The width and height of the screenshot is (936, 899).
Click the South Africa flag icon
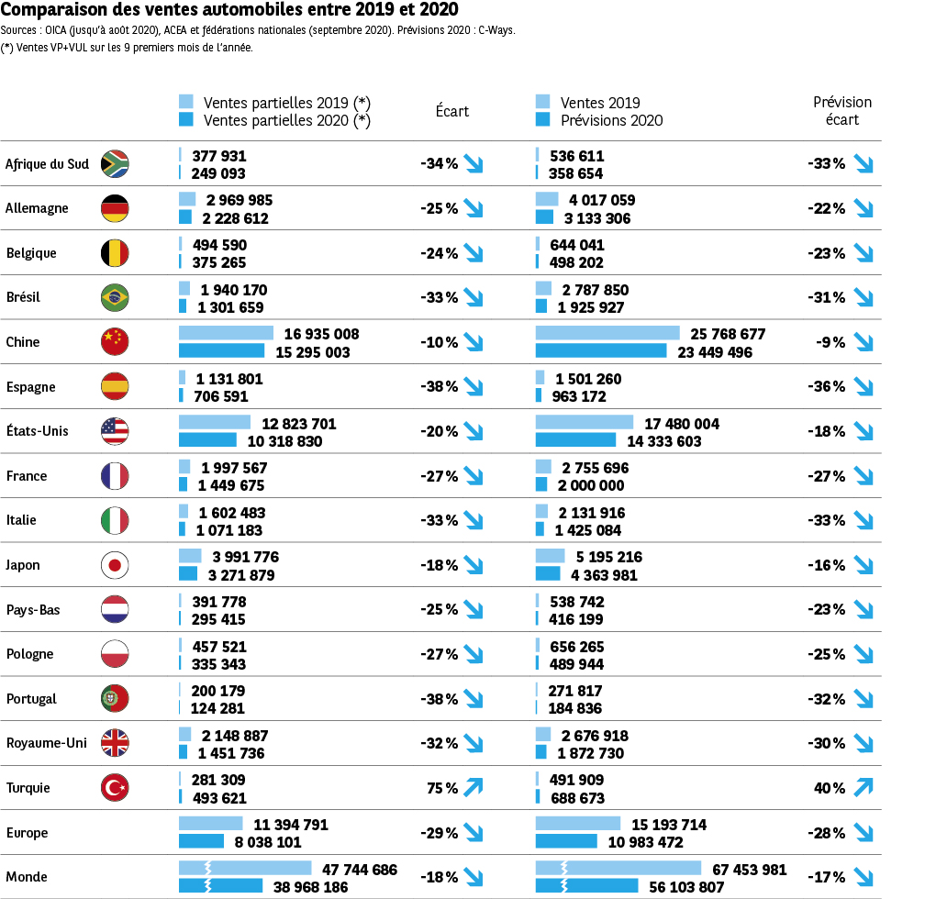115,163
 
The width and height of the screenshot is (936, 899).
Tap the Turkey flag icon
115,787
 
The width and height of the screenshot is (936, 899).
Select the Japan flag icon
115,565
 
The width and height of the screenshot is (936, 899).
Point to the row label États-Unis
37,431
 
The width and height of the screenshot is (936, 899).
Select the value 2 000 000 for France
589,485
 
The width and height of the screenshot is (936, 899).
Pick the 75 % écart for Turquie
440,787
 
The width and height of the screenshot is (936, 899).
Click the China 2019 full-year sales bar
607,333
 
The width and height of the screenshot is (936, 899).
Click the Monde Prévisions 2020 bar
586,885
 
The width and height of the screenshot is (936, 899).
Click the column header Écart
451,111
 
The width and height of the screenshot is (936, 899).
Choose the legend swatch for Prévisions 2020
541,120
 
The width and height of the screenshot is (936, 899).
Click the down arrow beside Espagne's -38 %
474,386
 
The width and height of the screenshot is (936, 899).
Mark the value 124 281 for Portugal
218,708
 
